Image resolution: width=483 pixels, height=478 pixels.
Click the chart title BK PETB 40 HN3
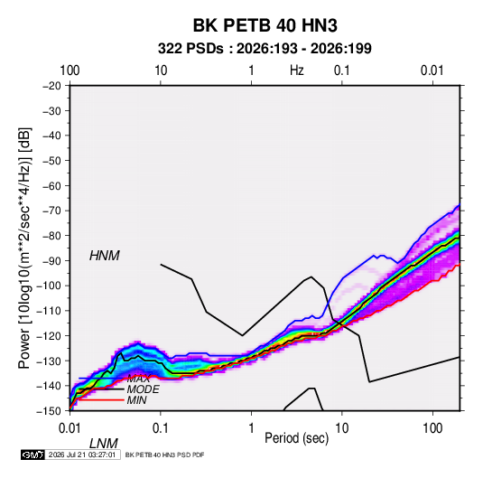tap(265, 25)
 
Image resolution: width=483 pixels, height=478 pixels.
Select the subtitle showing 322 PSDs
tap(265, 49)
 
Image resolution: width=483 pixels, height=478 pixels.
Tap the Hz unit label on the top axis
tap(297, 70)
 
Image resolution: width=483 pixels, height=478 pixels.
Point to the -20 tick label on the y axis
tap(52, 86)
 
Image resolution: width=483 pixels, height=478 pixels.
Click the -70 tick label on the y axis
tap(52, 211)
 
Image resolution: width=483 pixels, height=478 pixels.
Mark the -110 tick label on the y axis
tap(49, 311)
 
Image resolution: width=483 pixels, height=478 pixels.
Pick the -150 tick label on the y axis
tap(49, 411)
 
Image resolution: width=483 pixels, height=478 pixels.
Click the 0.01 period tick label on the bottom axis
tap(70, 428)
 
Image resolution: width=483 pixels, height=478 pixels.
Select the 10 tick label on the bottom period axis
tap(341, 428)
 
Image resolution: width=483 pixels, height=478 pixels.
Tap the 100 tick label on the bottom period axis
tap(432, 428)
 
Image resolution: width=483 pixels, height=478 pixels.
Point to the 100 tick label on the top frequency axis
tap(70, 70)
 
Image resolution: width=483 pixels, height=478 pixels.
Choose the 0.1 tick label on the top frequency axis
tap(342, 70)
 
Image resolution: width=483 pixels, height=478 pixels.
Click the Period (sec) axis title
tap(297, 438)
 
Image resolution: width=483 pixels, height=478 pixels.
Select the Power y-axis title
tap(24, 248)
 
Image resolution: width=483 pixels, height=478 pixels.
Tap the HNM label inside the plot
tap(105, 256)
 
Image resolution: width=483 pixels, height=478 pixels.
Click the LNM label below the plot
tap(104, 444)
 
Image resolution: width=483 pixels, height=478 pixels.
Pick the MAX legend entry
tap(138, 379)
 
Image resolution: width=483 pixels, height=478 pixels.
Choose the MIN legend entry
tap(136, 400)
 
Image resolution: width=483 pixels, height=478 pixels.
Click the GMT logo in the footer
tap(33, 455)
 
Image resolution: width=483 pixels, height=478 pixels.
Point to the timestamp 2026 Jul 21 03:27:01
tap(82, 455)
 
